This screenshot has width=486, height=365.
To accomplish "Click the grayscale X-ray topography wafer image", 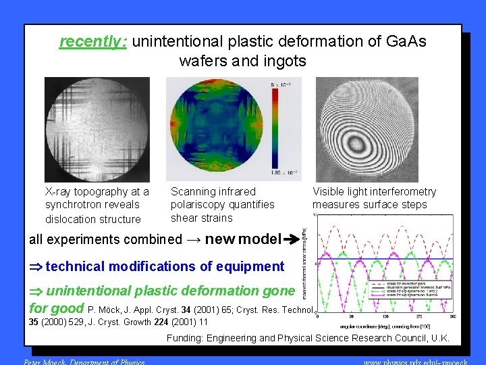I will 97,129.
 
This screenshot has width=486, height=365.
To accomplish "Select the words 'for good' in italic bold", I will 56,308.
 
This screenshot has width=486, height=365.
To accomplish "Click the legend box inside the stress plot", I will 411,293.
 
